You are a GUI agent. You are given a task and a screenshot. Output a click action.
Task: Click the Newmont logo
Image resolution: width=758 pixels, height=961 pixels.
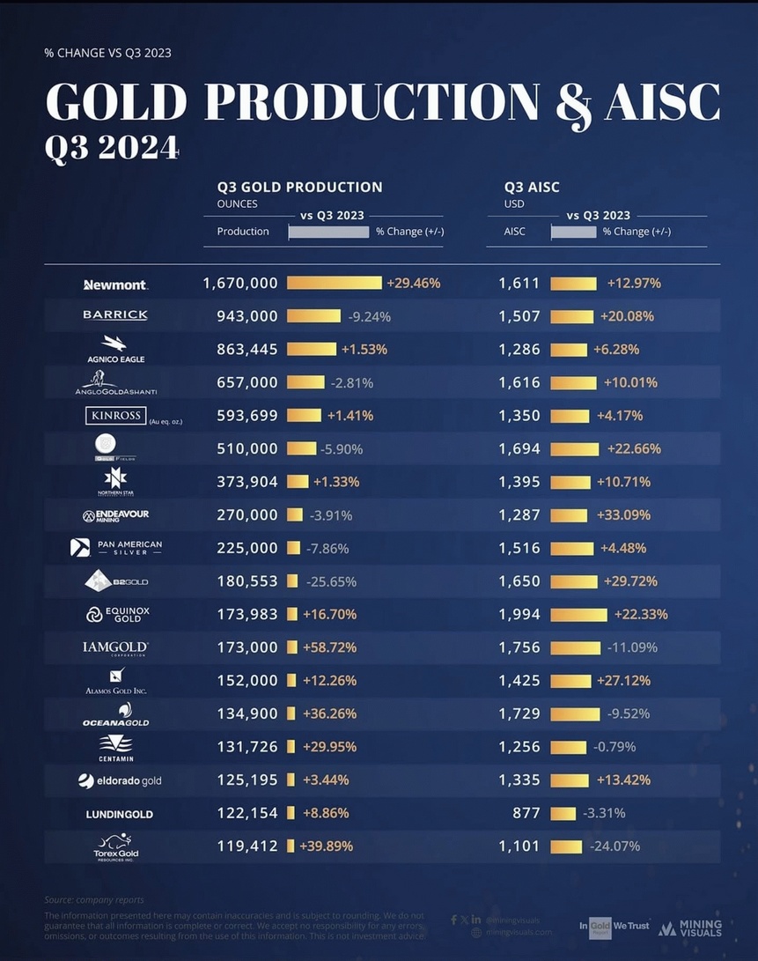click(115, 285)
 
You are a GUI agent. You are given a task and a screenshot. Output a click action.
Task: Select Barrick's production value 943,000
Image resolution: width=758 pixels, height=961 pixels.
click(247, 316)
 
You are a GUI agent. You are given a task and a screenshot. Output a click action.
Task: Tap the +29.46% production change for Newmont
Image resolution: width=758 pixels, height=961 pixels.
click(413, 284)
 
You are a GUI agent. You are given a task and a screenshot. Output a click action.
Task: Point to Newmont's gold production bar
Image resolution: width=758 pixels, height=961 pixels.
click(335, 284)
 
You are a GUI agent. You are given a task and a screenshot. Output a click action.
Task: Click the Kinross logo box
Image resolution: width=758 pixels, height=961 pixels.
click(115, 415)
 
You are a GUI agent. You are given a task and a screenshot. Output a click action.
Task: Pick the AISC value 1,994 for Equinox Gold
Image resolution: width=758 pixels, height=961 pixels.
click(519, 614)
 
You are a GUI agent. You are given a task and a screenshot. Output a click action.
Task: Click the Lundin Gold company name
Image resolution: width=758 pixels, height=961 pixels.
click(119, 814)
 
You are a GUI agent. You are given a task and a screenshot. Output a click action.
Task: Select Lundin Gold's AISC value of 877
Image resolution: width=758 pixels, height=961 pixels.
click(526, 813)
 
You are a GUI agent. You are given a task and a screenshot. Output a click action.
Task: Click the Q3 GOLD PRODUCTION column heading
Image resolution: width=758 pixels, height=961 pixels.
click(299, 187)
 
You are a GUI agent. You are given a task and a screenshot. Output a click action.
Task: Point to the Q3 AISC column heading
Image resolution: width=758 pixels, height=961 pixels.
click(532, 187)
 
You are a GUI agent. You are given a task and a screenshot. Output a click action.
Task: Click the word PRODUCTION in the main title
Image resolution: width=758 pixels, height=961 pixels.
click(371, 102)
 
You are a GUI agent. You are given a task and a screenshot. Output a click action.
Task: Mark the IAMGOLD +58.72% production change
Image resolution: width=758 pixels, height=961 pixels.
click(329, 647)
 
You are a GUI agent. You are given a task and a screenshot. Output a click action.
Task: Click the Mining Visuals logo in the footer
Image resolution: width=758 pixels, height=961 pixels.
click(690, 928)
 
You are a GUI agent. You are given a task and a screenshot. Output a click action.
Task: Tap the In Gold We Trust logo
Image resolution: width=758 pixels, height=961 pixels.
click(614, 927)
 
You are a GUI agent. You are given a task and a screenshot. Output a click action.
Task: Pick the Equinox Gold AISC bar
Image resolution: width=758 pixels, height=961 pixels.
click(578, 614)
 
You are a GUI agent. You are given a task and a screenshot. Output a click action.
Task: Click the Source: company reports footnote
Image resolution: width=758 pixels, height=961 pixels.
click(96, 900)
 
